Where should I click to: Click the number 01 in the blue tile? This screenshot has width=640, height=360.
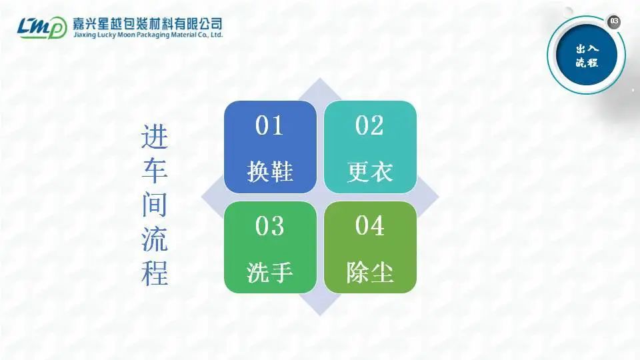(x=269, y=125)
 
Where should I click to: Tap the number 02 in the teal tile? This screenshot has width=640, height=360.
(x=369, y=125)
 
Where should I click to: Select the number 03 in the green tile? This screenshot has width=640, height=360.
(x=269, y=226)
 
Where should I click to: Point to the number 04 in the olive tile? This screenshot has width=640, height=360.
(x=370, y=226)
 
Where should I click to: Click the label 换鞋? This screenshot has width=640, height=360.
(x=270, y=171)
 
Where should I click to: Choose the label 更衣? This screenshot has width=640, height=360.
(x=370, y=171)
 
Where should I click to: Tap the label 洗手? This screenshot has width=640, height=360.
(x=270, y=272)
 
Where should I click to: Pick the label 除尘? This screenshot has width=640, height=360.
(x=370, y=272)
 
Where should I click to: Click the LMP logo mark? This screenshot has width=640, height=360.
(x=42, y=27)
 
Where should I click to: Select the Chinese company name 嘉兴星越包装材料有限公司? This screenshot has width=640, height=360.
(x=148, y=23)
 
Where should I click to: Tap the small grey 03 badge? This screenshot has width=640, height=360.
(x=614, y=21)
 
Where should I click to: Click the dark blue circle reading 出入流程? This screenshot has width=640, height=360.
(x=587, y=55)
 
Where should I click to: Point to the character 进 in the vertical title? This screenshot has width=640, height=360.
(x=155, y=136)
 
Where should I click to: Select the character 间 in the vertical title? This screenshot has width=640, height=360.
(x=155, y=205)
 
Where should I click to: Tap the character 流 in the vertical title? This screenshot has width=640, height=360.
(x=155, y=239)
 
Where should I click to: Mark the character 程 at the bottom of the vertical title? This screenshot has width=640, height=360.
(x=155, y=273)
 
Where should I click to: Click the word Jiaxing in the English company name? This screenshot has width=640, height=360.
(x=85, y=35)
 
